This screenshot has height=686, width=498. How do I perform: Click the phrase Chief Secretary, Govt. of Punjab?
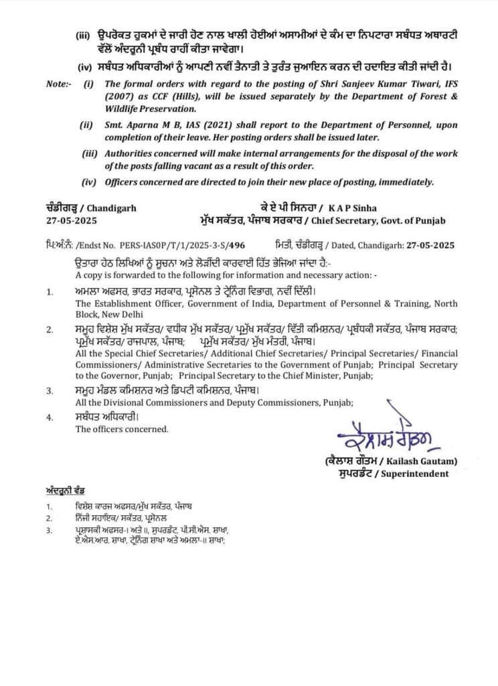click(x=395, y=220)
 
